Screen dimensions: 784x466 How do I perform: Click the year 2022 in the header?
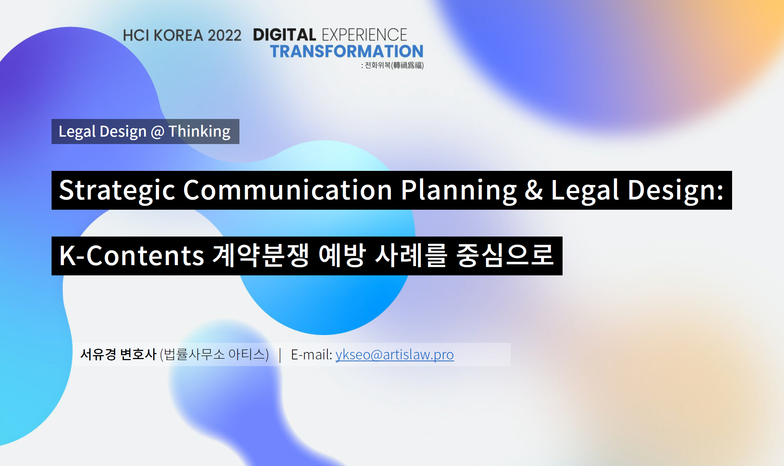coord(224,35)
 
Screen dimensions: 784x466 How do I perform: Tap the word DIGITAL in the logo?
coord(284,35)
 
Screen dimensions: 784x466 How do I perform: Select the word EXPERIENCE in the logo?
coord(364,35)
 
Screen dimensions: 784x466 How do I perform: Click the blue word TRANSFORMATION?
coord(347,51)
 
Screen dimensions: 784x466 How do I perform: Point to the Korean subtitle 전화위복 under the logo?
coord(378,65)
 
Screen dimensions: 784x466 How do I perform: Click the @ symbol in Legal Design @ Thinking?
coord(158,132)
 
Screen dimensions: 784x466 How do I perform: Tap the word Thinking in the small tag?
coord(200,132)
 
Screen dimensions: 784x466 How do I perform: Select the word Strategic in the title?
coord(117,191)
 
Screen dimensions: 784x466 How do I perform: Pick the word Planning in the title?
coord(459,191)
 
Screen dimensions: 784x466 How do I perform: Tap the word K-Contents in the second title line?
coord(132,255)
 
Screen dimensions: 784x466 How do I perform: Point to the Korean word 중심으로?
coord(505,255)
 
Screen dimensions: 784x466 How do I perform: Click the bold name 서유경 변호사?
coord(118,354)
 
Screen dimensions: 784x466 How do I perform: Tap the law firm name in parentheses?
coord(214,354)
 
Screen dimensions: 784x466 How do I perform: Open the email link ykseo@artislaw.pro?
coord(394,355)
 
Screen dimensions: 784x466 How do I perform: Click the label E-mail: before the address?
coord(311,354)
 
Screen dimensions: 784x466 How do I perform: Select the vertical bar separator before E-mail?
coord(280,355)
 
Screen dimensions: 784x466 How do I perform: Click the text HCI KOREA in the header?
coord(163,35)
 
